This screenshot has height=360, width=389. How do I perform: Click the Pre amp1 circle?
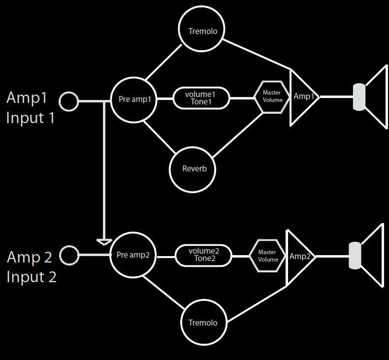pyautogui.click(x=134, y=99)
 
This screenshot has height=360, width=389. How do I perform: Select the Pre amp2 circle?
pyautogui.click(x=133, y=255)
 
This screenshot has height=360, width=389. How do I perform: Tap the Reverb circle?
pyautogui.click(x=192, y=169)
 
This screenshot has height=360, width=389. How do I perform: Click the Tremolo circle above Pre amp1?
pyautogui.click(x=201, y=31)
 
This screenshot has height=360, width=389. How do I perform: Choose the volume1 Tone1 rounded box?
pyautogui.click(x=201, y=98)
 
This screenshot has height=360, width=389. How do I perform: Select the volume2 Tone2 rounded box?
pyautogui.click(x=203, y=255)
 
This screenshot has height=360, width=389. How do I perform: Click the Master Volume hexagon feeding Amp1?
pyautogui.click(x=272, y=97)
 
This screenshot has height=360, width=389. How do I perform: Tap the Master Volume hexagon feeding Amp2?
pyautogui.click(x=267, y=256)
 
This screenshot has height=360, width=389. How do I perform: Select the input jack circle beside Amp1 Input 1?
pyautogui.click(x=69, y=101)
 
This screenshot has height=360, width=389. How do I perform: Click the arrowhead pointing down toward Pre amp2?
pyautogui.click(x=104, y=241)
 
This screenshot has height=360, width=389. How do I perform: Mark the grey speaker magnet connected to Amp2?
pyautogui.click(x=355, y=256)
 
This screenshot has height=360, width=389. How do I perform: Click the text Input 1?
pyautogui.click(x=31, y=118)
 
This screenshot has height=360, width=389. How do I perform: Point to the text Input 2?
pyautogui.click(x=32, y=277)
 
